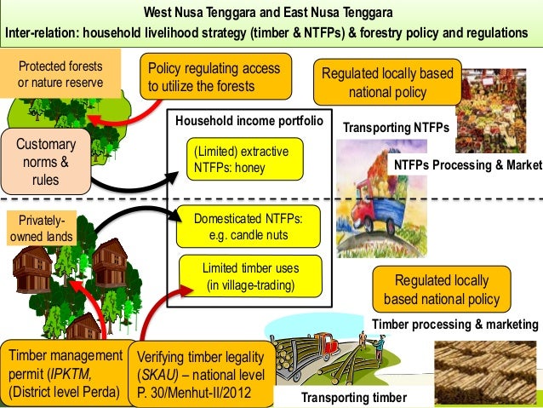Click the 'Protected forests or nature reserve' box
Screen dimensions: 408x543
pos(60,75)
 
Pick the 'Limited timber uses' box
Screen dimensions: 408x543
pos(249,276)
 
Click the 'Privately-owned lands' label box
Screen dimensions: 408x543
pos(41,229)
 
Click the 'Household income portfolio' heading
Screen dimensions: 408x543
pos(249,122)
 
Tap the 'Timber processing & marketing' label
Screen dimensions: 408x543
pos(455,325)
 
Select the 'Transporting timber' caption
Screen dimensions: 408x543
pos(354,398)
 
